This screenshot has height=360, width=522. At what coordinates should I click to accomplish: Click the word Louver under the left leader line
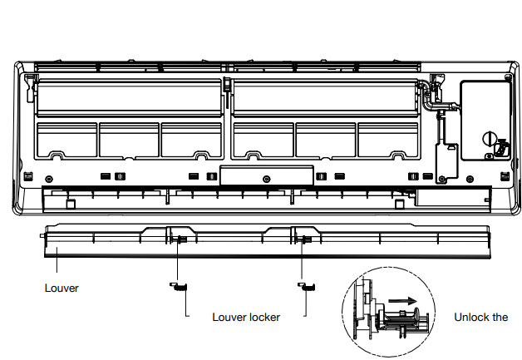pos(62,288)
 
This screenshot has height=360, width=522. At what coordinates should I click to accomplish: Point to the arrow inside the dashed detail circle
pos(402,301)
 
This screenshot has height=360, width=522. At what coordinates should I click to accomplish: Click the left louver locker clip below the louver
pos(179,286)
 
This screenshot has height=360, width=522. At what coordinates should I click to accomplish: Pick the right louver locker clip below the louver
pos(306,286)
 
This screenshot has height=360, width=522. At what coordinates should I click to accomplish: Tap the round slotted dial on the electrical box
pos(490,139)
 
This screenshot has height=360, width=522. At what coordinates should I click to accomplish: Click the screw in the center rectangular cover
pos(266,179)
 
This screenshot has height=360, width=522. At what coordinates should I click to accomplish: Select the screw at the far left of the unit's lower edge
pos(48,179)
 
